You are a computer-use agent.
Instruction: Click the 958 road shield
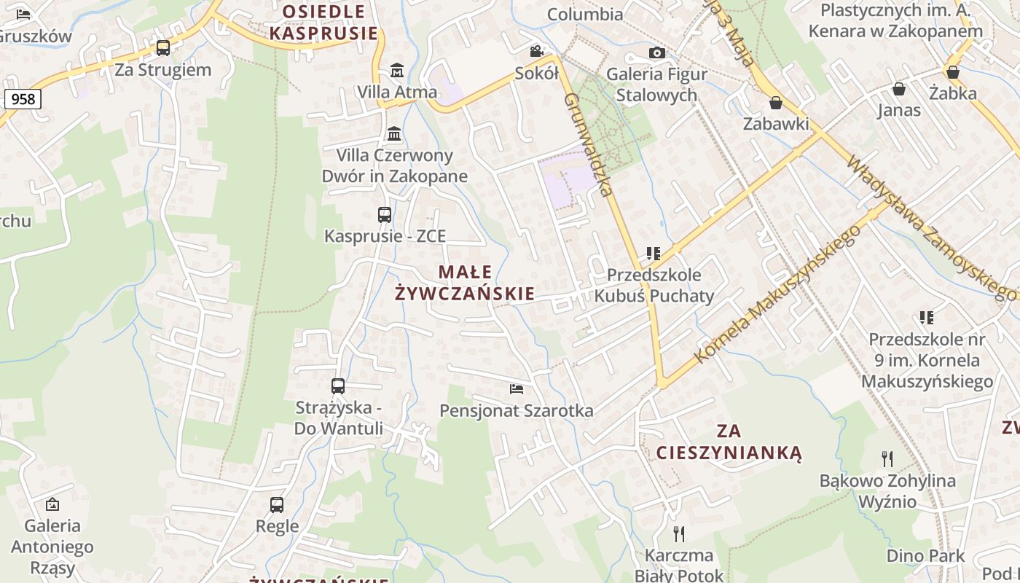pyautogui.click(x=23, y=98)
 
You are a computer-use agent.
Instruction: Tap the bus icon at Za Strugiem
pyautogui.click(x=163, y=48)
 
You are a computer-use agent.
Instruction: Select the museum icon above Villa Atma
pyautogui.click(x=397, y=71)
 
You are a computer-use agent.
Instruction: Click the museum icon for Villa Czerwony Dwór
pyautogui.click(x=395, y=133)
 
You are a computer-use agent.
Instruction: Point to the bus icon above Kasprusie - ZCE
pyautogui.click(x=385, y=215)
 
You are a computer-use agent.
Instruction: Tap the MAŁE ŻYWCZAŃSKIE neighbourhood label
pyautogui.click(x=465, y=283)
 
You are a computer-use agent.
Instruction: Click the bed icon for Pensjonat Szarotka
pyautogui.click(x=517, y=389)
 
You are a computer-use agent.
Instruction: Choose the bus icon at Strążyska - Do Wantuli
pyautogui.click(x=338, y=386)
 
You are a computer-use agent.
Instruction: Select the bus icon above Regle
pyautogui.click(x=277, y=504)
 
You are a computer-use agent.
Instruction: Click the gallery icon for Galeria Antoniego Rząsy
pyautogui.click(x=52, y=504)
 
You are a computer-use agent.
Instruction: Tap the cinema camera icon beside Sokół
pyautogui.click(x=537, y=51)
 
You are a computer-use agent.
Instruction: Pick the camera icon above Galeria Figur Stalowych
pyautogui.click(x=656, y=52)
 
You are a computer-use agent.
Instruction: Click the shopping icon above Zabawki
pyautogui.click(x=776, y=103)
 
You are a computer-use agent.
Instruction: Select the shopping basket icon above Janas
pyautogui.click(x=899, y=89)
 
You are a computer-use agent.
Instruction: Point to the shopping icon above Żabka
pyautogui.click(x=952, y=71)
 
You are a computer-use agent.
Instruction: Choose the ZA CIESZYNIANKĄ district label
pyautogui.click(x=729, y=442)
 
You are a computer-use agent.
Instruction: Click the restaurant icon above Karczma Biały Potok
pyautogui.click(x=679, y=534)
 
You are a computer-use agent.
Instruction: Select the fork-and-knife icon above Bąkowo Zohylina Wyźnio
pyautogui.click(x=887, y=459)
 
